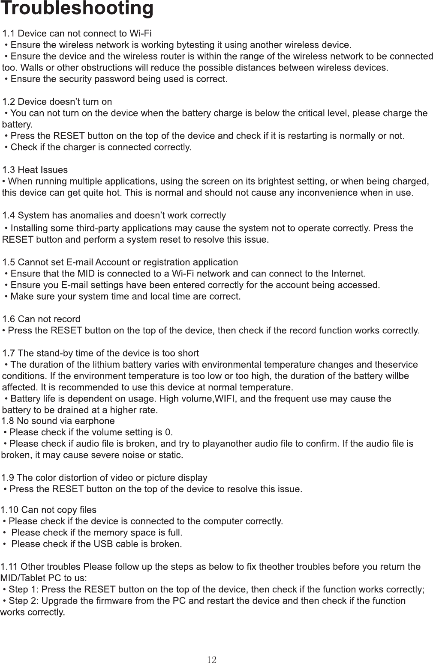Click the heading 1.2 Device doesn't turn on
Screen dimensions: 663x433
(x=57, y=102)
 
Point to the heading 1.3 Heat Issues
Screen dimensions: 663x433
(x=35, y=170)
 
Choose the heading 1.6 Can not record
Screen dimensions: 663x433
(x=42, y=319)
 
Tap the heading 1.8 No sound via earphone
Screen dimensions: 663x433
(x=58, y=421)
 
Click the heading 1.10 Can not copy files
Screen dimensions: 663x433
(x=48, y=510)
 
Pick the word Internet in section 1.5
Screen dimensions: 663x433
(x=348, y=273)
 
